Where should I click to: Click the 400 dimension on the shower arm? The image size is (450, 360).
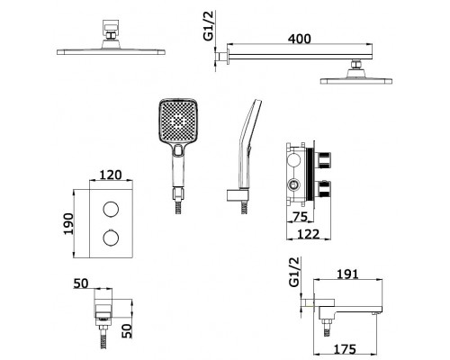coord(300,39)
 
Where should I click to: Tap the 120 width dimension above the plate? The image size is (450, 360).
coord(111,175)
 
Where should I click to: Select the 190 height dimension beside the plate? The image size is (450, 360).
coord(68,224)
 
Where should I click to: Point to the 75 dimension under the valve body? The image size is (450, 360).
coord(300,217)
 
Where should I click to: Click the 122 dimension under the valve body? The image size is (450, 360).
coord(309,234)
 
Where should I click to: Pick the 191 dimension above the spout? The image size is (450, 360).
coord(347,274)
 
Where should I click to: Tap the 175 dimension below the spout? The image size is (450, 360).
coord(345,349)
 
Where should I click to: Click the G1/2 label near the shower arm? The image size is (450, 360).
coord(208,25)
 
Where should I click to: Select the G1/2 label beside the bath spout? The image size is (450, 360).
coord(294,272)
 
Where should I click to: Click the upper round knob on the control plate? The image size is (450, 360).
coord(111,209)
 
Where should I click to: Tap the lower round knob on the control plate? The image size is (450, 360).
coord(111,238)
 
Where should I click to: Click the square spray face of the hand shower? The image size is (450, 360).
coord(178,121)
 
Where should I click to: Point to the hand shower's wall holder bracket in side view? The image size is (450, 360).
coord(238,195)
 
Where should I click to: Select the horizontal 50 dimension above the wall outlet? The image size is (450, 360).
coord(81,283)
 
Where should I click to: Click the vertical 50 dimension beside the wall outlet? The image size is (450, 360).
coord(127,331)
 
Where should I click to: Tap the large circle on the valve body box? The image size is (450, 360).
coord(293,159)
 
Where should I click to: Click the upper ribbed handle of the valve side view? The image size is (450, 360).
coord(322,160)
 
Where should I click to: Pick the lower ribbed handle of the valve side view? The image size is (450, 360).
coord(322,188)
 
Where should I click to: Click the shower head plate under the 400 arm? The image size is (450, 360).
coord(356,81)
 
